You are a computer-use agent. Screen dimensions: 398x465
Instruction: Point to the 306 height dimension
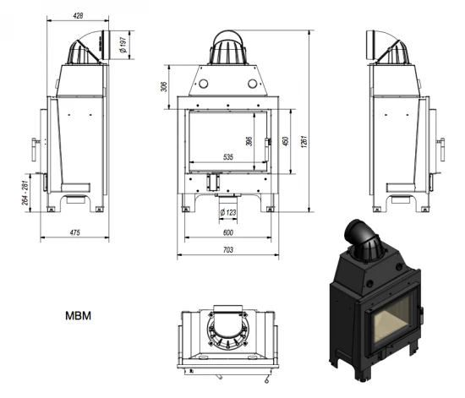click(x=163, y=85)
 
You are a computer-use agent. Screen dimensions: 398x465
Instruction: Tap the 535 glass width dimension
click(x=227, y=157)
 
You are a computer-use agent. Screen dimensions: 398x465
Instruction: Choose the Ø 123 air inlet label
click(x=227, y=211)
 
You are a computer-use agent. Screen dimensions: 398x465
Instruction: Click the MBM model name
click(x=79, y=318)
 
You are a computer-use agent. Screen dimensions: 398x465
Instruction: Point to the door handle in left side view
click(x=35, y=149)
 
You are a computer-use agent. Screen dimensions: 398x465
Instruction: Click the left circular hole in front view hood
click(x=203, y=83)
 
